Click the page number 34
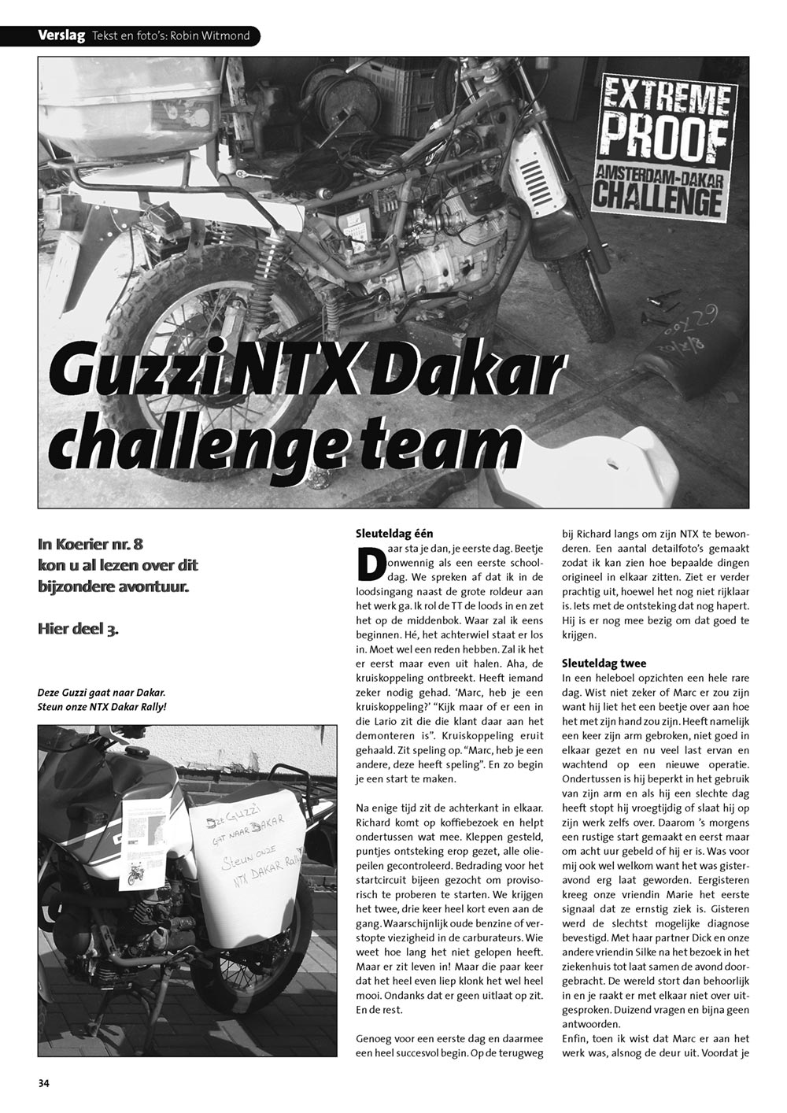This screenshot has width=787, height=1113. point(43,1082)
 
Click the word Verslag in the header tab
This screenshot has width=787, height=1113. point(61,35)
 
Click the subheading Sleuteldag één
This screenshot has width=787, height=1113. point(394,534)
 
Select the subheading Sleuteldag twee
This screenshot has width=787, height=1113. point(604,663)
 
